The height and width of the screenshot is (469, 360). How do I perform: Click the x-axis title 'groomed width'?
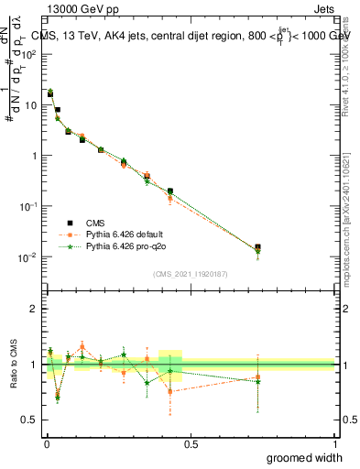click(x=304, y=456)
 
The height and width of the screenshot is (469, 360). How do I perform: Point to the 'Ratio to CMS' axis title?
click(x=14, y=365)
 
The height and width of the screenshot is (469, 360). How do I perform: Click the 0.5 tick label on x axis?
click(x=191, y=444)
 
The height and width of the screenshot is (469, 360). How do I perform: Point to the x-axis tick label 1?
click(x=334, y=444)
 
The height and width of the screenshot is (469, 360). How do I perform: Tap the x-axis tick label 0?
click(x=47, y=444)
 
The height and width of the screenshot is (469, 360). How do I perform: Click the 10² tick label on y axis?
click(x=30, y=54)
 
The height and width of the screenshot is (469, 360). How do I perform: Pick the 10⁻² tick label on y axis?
click(x=30, y=256)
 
